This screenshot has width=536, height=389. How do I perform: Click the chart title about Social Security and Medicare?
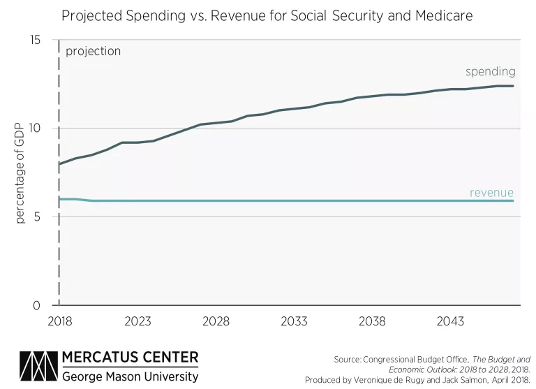[267, 16]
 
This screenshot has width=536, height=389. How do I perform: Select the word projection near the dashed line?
[93, 51]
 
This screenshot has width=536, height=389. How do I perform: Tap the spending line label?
[491, 71]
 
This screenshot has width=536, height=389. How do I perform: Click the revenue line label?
[491, 193]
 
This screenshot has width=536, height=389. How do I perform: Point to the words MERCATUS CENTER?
[131, 358]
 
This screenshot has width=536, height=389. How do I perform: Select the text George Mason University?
[131, 376]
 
